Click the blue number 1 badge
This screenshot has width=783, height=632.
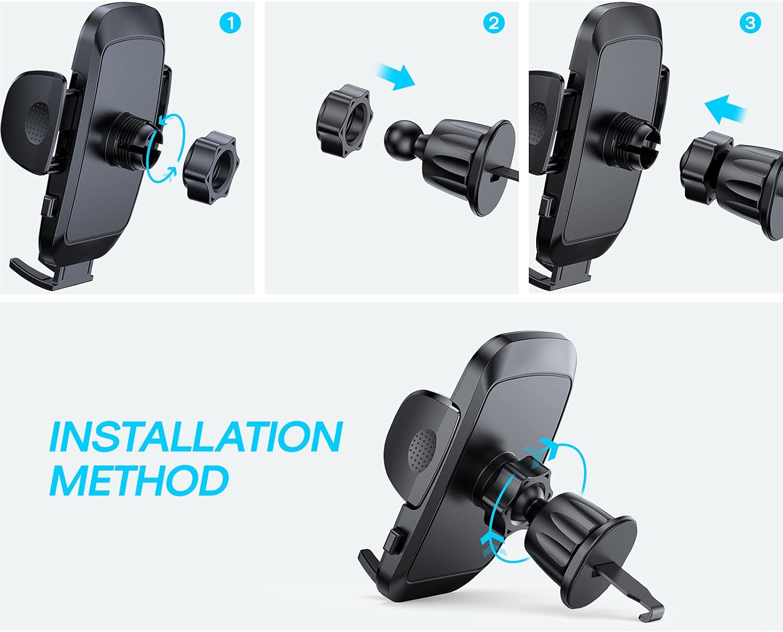pos(230,23)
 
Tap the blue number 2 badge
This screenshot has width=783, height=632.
pos(494,23)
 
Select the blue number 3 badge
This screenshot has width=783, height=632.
pos(750,23)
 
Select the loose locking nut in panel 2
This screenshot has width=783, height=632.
pos(342,121)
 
